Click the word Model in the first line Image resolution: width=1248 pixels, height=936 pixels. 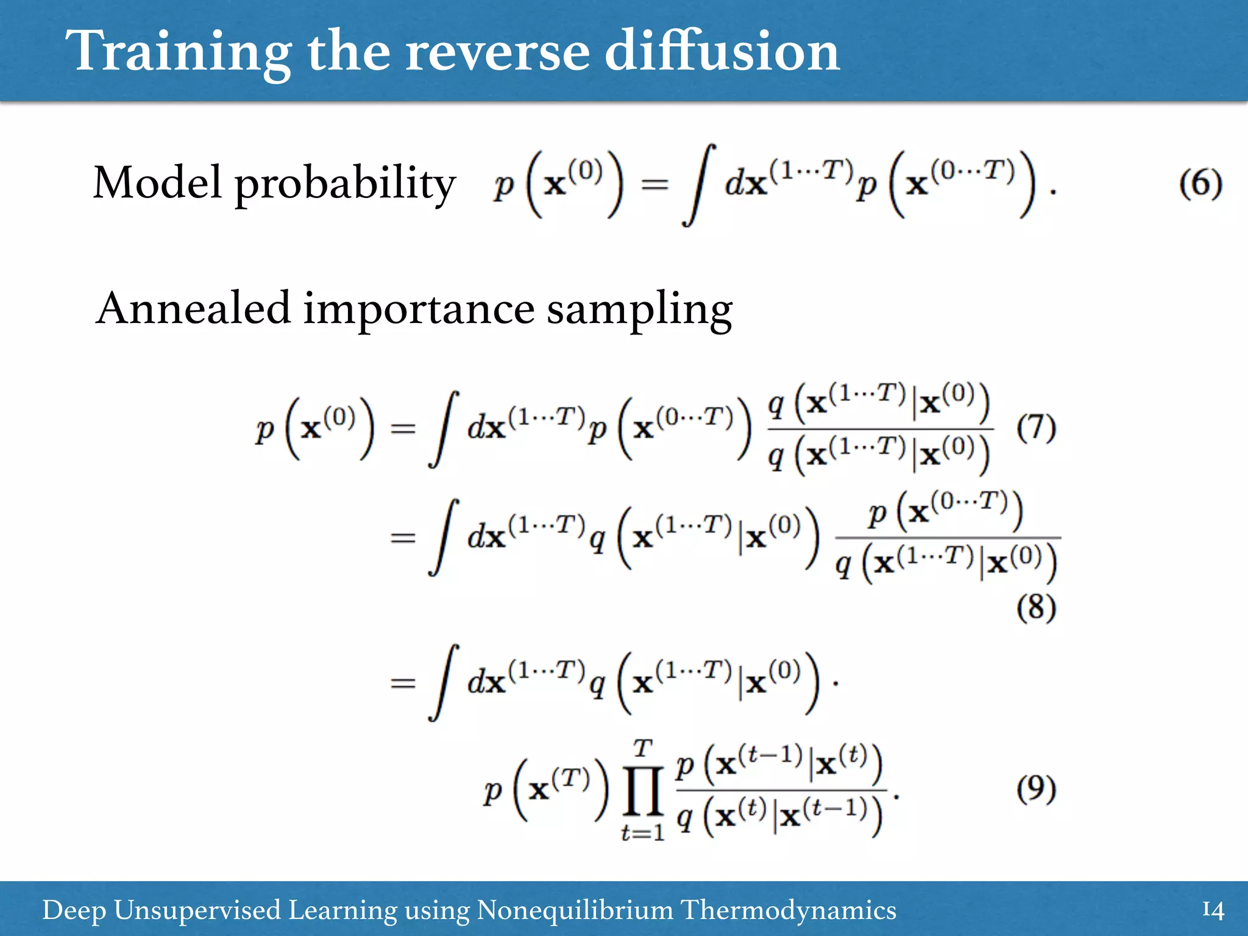tap(157, 182)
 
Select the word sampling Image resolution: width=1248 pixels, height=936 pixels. tap(639, 311)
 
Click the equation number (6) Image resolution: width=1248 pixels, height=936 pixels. tap(1200, 183)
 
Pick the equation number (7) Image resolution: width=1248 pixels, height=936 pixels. tap(1036, 428)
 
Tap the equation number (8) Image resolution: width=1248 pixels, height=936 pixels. tap(1036, 608)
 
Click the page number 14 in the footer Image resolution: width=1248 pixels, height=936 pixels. tap(1213, 910)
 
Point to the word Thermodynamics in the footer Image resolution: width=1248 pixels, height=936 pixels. tap(788, 910)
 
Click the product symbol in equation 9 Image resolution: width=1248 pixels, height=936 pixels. tap(643, 792)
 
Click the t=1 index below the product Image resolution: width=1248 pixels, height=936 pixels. tap(643, 832)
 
